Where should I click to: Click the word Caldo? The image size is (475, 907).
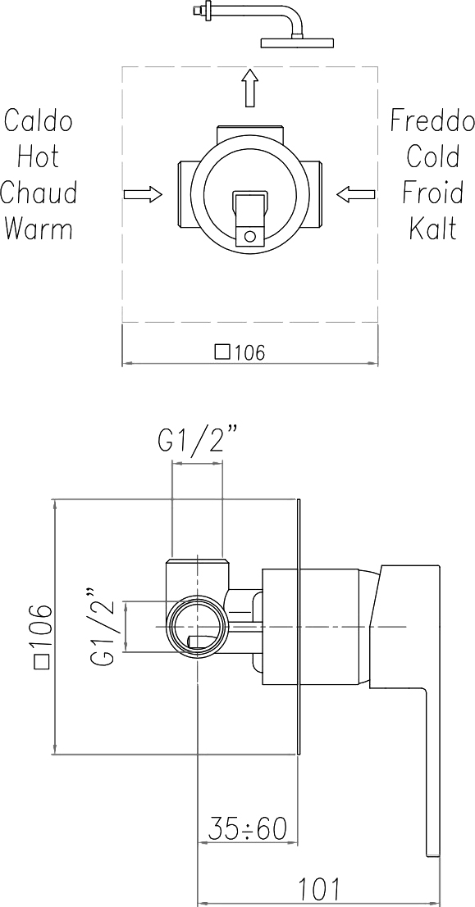click(39, 121)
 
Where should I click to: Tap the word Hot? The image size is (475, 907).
click(39, 156)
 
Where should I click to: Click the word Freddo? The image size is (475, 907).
click(432, 121)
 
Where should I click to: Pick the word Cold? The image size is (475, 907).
click(433, 156)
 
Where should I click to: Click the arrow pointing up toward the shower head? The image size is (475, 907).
click(249, 88)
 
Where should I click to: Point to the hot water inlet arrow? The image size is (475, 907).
click(143, 194)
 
